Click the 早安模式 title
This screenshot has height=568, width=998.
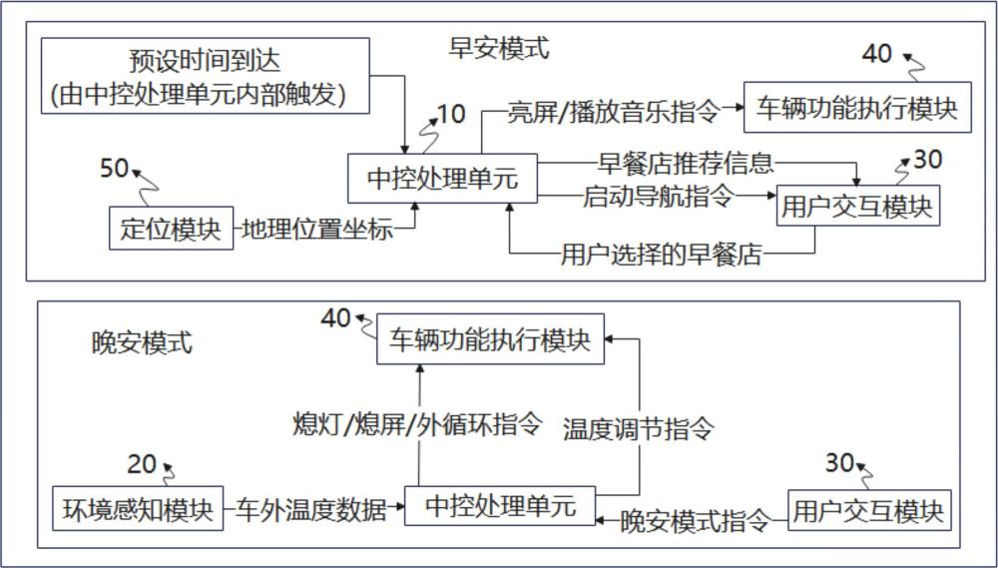pos(500,49)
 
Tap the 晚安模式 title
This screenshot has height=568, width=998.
pos(141,344)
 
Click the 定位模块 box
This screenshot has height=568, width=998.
pos(171,229)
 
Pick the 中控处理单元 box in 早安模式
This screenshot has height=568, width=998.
pos(442,180)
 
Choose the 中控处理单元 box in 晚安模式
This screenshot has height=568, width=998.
pos(500,506)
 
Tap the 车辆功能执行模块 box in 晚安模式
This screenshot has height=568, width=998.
pos(490,339)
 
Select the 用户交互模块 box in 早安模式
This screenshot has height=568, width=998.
pos(857,208)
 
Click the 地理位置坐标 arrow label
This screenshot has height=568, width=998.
pos(317,230)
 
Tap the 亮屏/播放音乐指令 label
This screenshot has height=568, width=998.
pos(613,111)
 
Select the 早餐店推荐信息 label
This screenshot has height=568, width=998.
pos(686,163)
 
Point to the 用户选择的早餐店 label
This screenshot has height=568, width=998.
pos(662,256)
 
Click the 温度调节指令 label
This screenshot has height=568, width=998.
pos(639,429)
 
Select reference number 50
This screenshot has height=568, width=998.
pos(114,168)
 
